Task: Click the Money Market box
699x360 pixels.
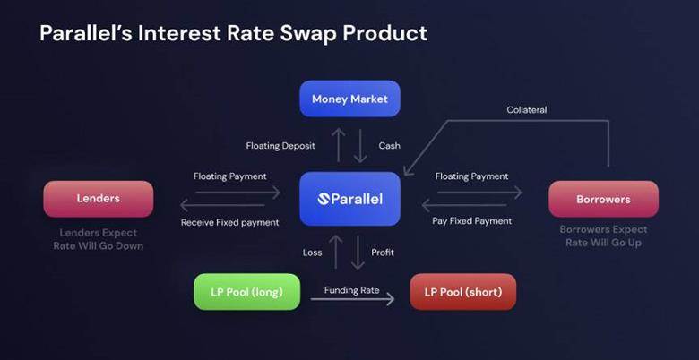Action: click(349, 99)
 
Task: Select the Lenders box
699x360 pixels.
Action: click(98, 199)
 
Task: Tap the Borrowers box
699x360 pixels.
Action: click(603, 199)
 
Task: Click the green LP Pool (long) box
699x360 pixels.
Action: click(247, 292)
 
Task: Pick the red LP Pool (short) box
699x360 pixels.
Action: click(462, 292)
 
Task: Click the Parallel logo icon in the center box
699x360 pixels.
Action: click(324, 199)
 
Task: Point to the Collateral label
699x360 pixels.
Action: click(526, 109)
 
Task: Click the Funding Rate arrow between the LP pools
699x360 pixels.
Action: click(352, 299)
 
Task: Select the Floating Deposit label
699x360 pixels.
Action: click(280, 146)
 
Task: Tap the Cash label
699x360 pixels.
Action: click(389, 146)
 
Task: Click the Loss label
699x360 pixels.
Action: click(312, 253)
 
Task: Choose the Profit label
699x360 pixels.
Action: click(383, 253)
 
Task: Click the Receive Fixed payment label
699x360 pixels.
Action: click(229, 222)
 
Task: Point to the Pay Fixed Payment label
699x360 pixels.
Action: click(471, 221)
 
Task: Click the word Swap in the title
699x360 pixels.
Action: click(306, 34)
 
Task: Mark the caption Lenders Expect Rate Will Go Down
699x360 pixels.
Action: click(98, 239)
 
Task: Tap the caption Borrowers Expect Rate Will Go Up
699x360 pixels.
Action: click(603, 236)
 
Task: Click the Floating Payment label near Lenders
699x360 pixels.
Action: click(229, 176)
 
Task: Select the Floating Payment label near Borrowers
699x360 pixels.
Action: click(471, 176)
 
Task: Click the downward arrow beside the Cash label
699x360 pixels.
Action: click(359, 146)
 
